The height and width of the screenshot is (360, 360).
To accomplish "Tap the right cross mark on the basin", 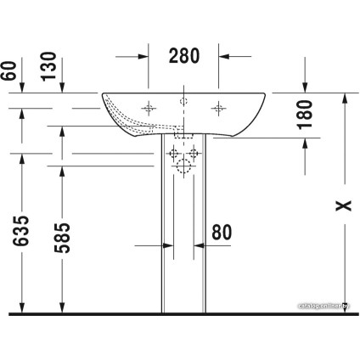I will coord(218,108).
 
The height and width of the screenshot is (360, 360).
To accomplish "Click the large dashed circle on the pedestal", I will coord(183,167).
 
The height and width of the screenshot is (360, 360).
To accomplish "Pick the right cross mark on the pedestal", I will coord(194,154).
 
